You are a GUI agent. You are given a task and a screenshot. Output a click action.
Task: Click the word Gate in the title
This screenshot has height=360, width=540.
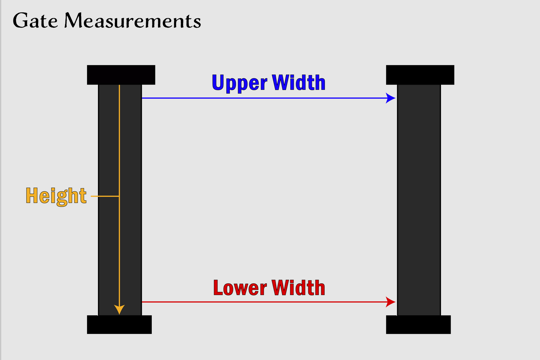click(x=35, y=21)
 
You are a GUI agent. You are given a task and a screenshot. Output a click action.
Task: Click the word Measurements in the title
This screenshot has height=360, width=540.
click(x=132, y=21)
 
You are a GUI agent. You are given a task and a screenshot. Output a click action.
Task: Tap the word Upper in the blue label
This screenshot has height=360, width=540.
click(x=239, y=83)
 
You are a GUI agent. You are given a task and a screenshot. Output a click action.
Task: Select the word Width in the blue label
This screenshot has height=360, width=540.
click(x=299, y=83)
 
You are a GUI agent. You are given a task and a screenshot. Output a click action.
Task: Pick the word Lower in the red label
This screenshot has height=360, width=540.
click(x=240, y=288)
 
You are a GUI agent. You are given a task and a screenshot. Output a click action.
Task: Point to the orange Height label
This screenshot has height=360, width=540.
click(x=56, y=196)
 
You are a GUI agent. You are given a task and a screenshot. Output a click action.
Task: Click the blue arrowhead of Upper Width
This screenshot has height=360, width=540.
click(x=391, y=98)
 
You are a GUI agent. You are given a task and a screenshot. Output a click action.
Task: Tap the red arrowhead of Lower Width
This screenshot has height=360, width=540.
click(x=391, y=302)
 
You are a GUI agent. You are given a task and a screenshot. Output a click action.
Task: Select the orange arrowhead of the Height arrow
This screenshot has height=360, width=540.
click(x=119, y=310)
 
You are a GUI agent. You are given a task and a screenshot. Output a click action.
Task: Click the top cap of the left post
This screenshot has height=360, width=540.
click(x=121, y=75)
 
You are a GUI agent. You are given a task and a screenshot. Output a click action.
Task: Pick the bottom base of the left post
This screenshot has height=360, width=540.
click(x=119, y=324)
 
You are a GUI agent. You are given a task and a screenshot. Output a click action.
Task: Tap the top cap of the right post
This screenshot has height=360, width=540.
click(x=420, y=75)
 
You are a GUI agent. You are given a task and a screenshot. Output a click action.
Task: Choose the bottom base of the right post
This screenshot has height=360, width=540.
click(x=418, y=324)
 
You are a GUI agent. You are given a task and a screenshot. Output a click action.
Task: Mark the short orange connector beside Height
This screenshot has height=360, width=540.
click(x=105, y=196)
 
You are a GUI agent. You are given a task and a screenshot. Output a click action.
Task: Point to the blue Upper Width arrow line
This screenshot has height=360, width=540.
click(x=262, y=98)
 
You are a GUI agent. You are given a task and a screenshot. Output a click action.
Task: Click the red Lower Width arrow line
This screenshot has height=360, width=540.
click(x=262, y=302)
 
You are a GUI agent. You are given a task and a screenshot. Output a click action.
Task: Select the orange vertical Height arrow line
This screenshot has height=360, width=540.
click(x=119, y=150)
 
